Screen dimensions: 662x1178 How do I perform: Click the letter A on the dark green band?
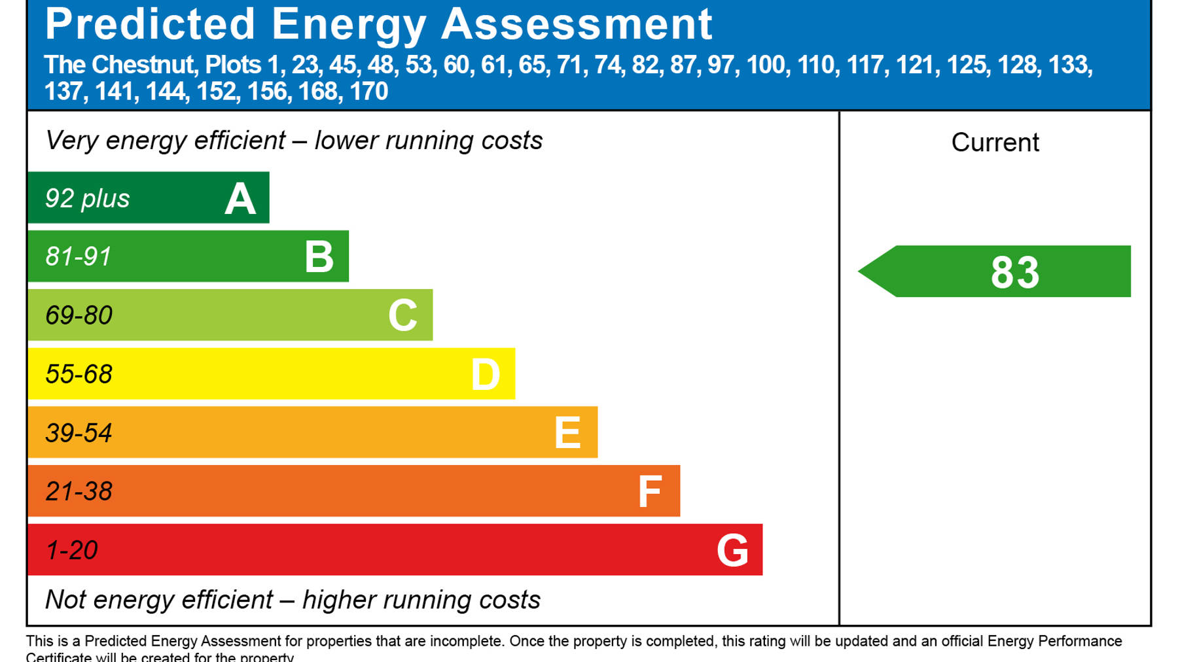[240, 199]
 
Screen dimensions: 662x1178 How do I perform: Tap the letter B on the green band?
[319, 257]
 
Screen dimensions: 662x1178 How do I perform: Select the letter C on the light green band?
[402, 315]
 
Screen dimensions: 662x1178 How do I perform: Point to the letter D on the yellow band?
[486, 375]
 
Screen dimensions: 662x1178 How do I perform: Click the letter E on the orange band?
[567, 433]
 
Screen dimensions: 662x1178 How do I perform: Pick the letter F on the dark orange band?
[650, 492]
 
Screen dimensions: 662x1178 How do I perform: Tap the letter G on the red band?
[732, 550]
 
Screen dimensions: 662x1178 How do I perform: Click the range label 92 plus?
[87, 198]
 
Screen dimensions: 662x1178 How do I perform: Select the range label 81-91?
[79, 256]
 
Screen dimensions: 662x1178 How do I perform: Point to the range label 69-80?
[79, 315]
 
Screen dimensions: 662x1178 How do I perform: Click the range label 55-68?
[79, 374]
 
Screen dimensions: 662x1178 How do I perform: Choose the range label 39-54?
[79, 433]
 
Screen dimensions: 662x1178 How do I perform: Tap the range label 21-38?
[79, 491]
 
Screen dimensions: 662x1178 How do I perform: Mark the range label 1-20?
[71, 550]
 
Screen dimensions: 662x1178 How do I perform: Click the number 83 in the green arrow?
[1014, 272]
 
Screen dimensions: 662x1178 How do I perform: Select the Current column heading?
[995, 143]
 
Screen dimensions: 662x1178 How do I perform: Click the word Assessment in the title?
[577, 25]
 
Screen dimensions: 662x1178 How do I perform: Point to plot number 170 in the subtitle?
[368, 92]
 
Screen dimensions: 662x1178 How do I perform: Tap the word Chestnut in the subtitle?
[143, 65]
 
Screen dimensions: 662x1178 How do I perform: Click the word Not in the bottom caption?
[65, 599]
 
